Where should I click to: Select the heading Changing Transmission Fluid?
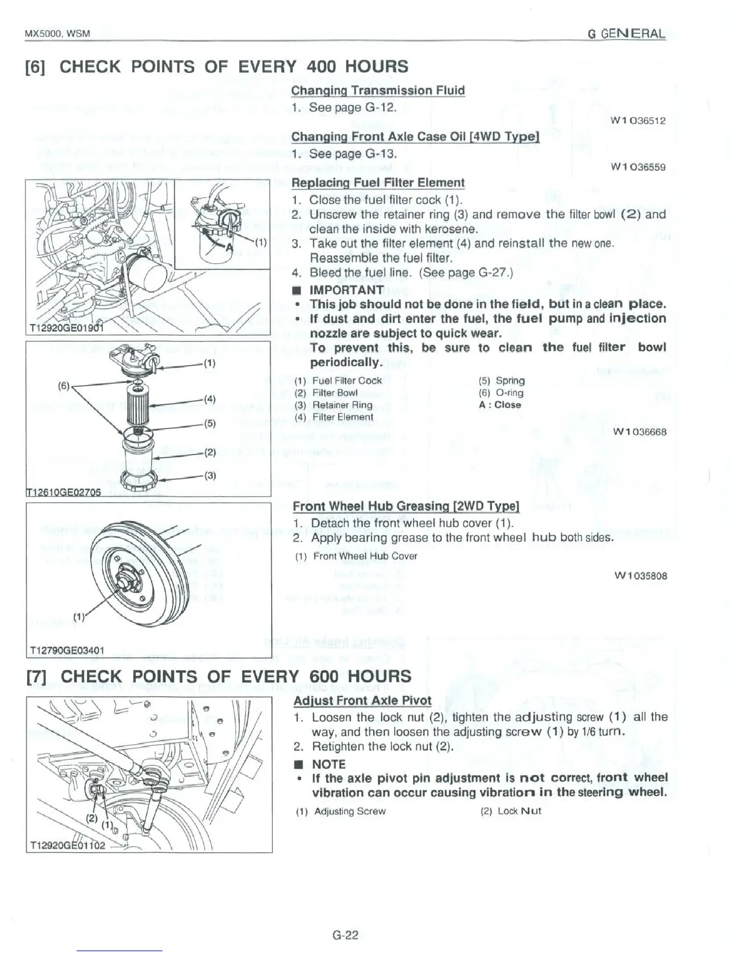point(377,91)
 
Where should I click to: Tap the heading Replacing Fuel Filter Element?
point(377,183)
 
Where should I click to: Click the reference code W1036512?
point(638,121)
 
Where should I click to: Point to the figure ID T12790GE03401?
point(66,650)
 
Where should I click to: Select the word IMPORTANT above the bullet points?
point(346,290)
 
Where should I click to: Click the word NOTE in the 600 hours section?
point(328,764)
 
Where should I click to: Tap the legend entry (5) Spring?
point(501,381)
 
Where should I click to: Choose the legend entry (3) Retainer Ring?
point(333,405)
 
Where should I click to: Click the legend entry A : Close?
point(499,405)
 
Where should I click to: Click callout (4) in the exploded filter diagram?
point(210,399)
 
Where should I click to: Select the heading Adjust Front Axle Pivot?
point(362,701)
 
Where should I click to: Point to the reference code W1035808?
point(640,576)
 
